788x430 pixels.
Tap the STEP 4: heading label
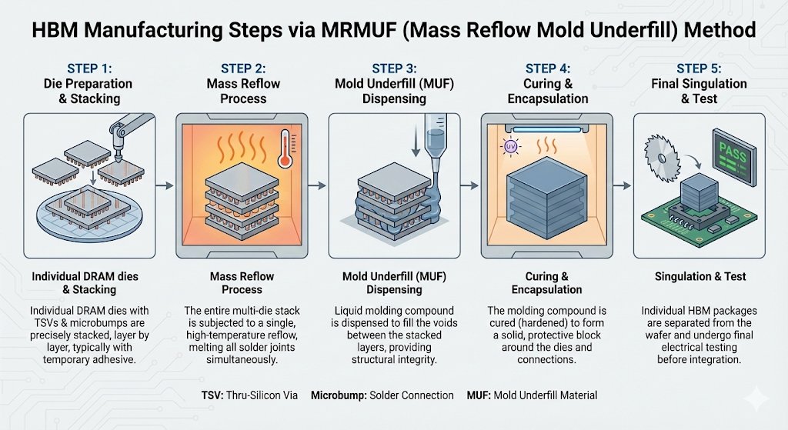tap(547, 68)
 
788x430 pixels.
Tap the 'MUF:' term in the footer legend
tap(481, 395)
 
